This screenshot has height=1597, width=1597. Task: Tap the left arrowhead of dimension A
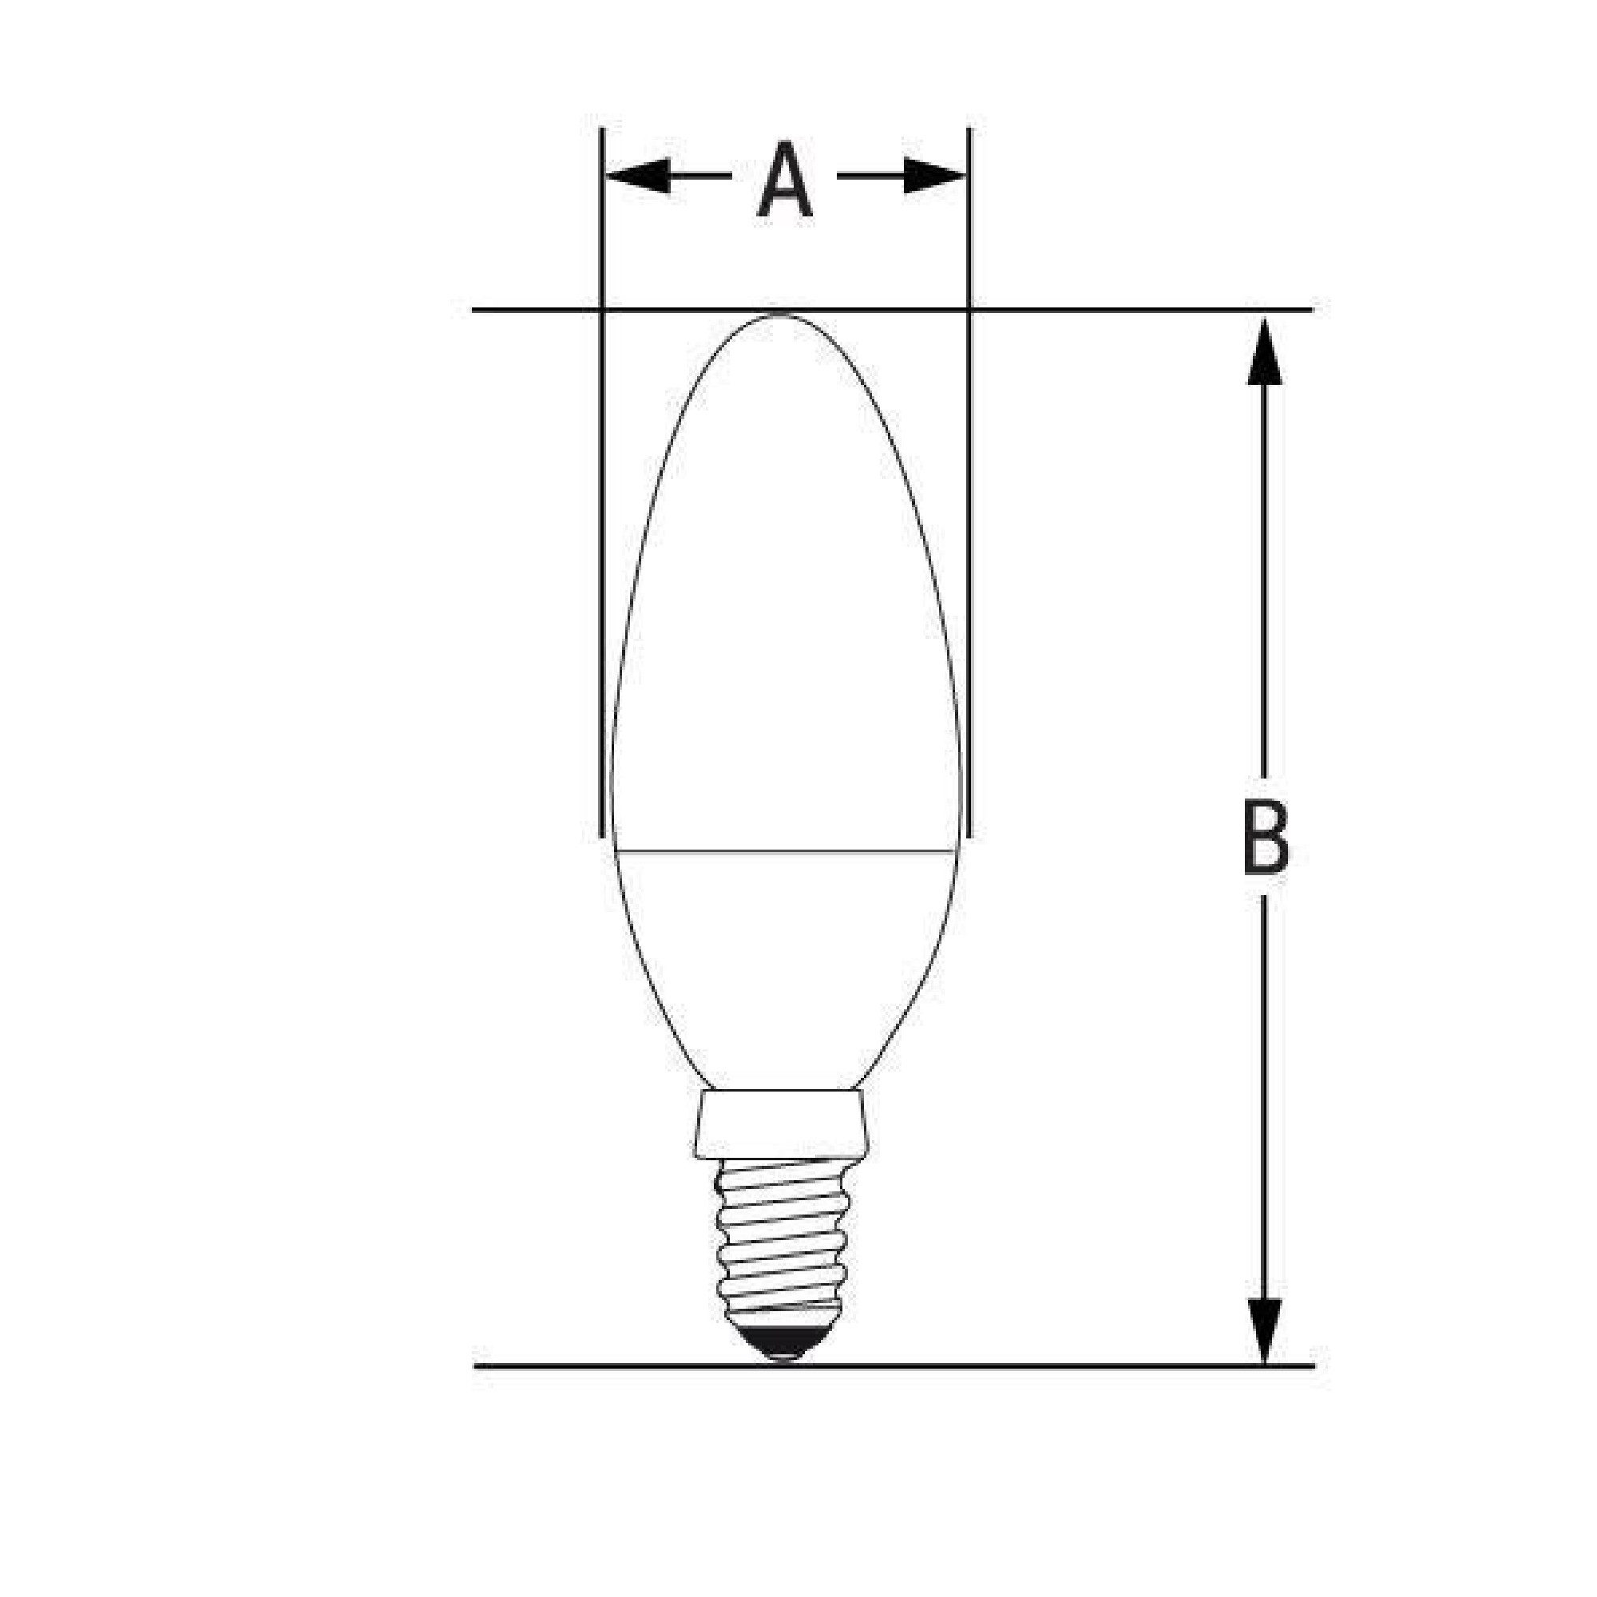click(x=637, y=176)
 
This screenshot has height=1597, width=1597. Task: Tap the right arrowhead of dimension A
click(x=934, y=176)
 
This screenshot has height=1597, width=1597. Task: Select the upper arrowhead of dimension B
click(x=1265, y=351)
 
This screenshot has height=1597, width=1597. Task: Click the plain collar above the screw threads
click(x=781, y=1123)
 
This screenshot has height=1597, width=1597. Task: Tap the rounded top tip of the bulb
click(x=781, y=315)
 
